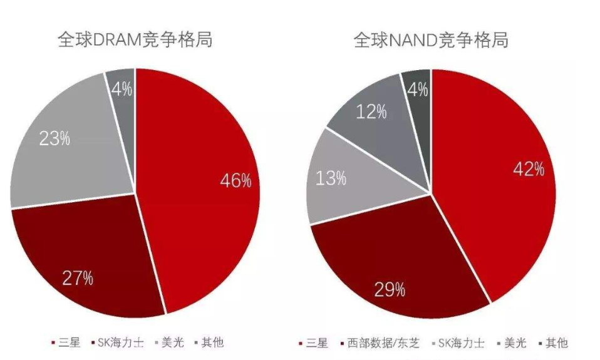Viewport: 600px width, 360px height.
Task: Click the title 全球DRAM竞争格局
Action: (135, 40)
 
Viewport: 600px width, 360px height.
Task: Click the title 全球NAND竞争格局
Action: (431, 40)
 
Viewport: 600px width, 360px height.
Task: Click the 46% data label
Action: (235, 181)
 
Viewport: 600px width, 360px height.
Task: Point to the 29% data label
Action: (390, 289)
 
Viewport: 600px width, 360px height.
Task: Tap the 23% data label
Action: (54, 138)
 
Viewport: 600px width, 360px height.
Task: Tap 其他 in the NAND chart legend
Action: (556, 343)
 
